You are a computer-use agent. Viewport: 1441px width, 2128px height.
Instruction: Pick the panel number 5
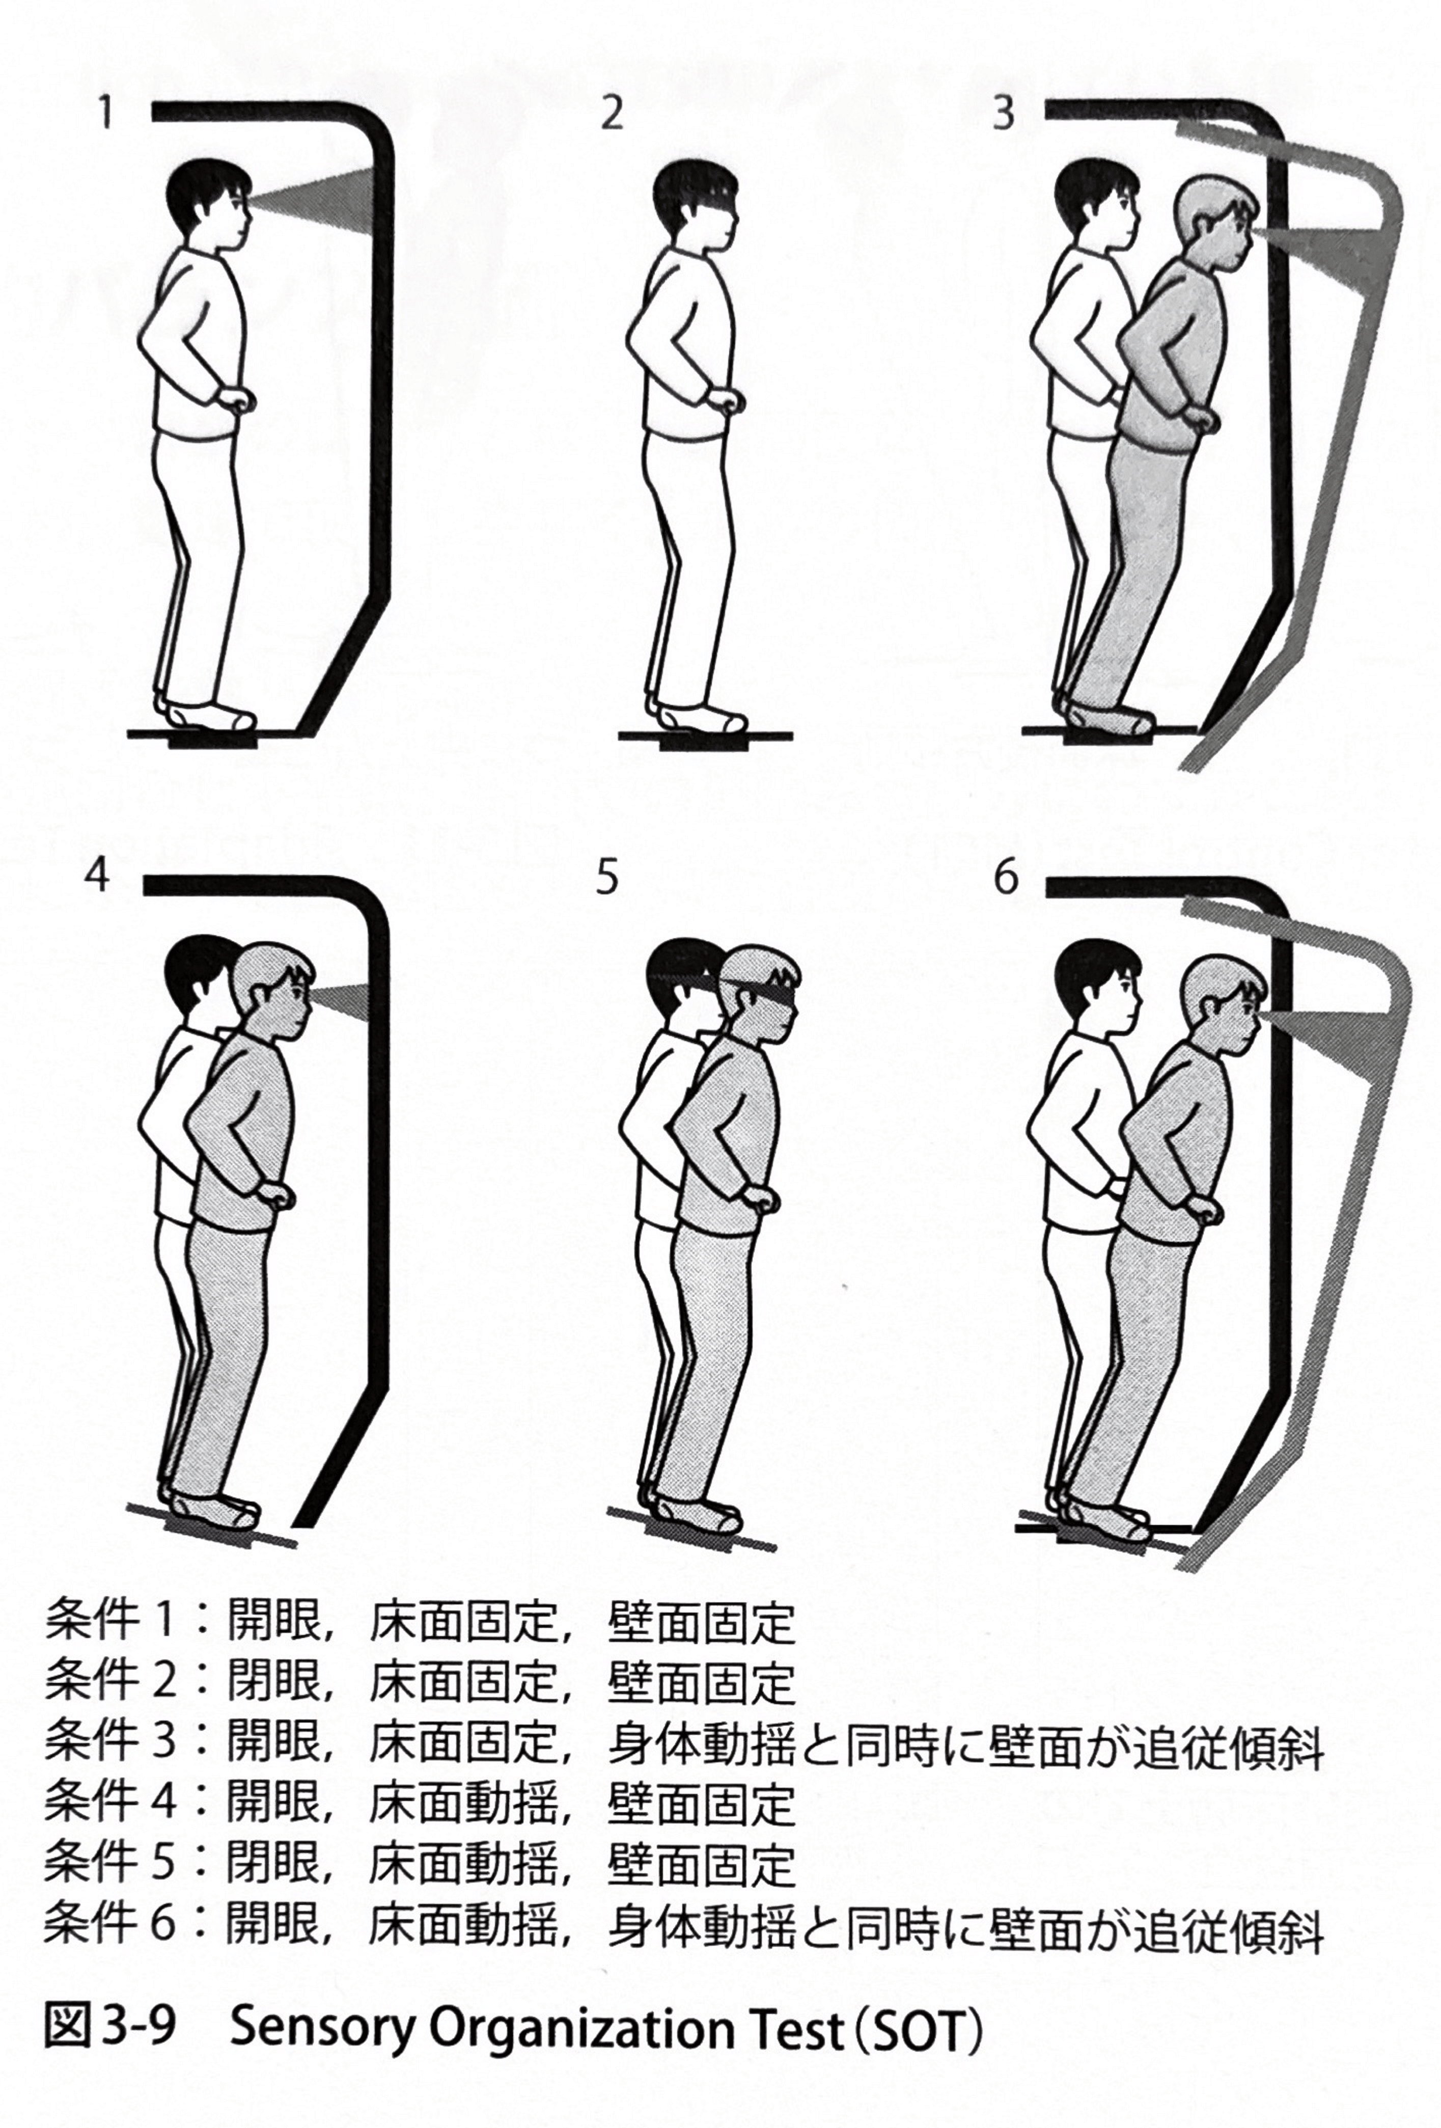point(607,877)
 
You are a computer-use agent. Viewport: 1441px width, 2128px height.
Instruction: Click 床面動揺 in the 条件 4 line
point(462,1805)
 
